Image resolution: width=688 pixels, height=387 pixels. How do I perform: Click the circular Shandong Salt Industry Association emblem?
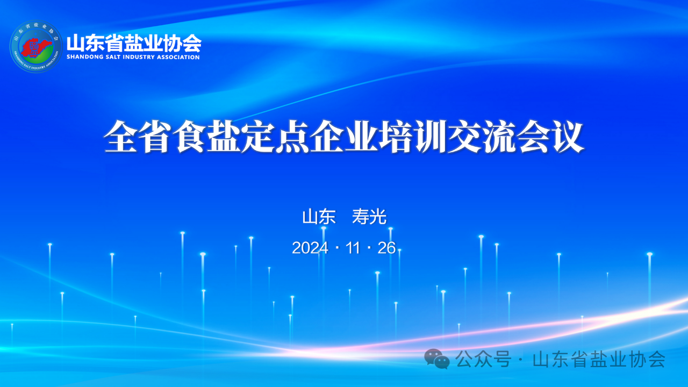(x=36, y=46)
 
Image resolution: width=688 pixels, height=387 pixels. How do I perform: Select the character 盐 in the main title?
(x=224, y=137)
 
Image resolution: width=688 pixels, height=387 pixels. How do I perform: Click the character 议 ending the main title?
(x=568, y=137)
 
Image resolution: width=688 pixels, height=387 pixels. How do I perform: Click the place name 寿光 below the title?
(x=369, y=217)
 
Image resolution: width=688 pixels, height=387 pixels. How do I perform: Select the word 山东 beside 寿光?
(x=319, y=217)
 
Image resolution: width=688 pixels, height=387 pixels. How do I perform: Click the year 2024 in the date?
(x=310, y=248)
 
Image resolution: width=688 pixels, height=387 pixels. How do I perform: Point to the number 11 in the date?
(x=353, y=248)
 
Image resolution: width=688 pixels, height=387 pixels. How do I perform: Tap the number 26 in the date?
(x=386, y=248)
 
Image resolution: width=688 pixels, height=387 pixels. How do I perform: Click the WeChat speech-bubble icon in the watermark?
(x=437, y=359)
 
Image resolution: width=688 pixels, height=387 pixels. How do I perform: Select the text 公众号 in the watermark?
(x=483, y=359)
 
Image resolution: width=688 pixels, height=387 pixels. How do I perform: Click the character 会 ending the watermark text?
(x=656, y=359)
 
